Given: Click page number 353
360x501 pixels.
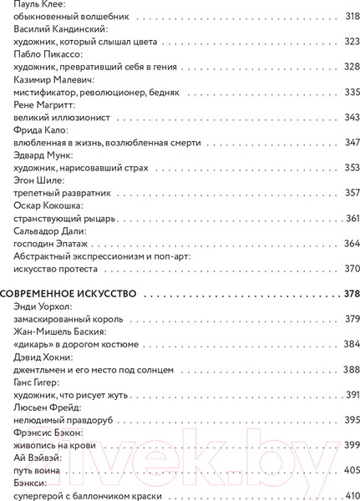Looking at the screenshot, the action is tap(351, 168).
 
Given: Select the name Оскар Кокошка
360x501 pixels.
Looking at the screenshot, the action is tap(51, 205).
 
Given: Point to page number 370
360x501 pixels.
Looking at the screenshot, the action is tap(351, 268).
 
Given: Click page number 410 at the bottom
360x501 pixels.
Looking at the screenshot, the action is tap(351, 494).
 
